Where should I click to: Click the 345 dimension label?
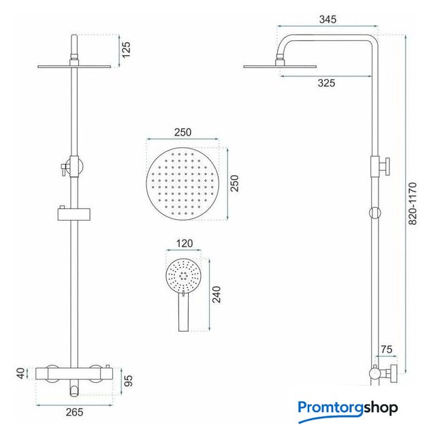[328, 20]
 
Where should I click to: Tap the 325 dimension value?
[326, 83]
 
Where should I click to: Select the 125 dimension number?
[126, 50]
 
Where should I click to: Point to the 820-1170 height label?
[413, 204]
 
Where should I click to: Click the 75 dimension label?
[386, 349]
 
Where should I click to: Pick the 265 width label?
[74, 412]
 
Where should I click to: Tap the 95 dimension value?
[129, 380]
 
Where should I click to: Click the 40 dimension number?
[21, 373]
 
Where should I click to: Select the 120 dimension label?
[185, 244]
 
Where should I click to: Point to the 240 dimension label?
[217, 294]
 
